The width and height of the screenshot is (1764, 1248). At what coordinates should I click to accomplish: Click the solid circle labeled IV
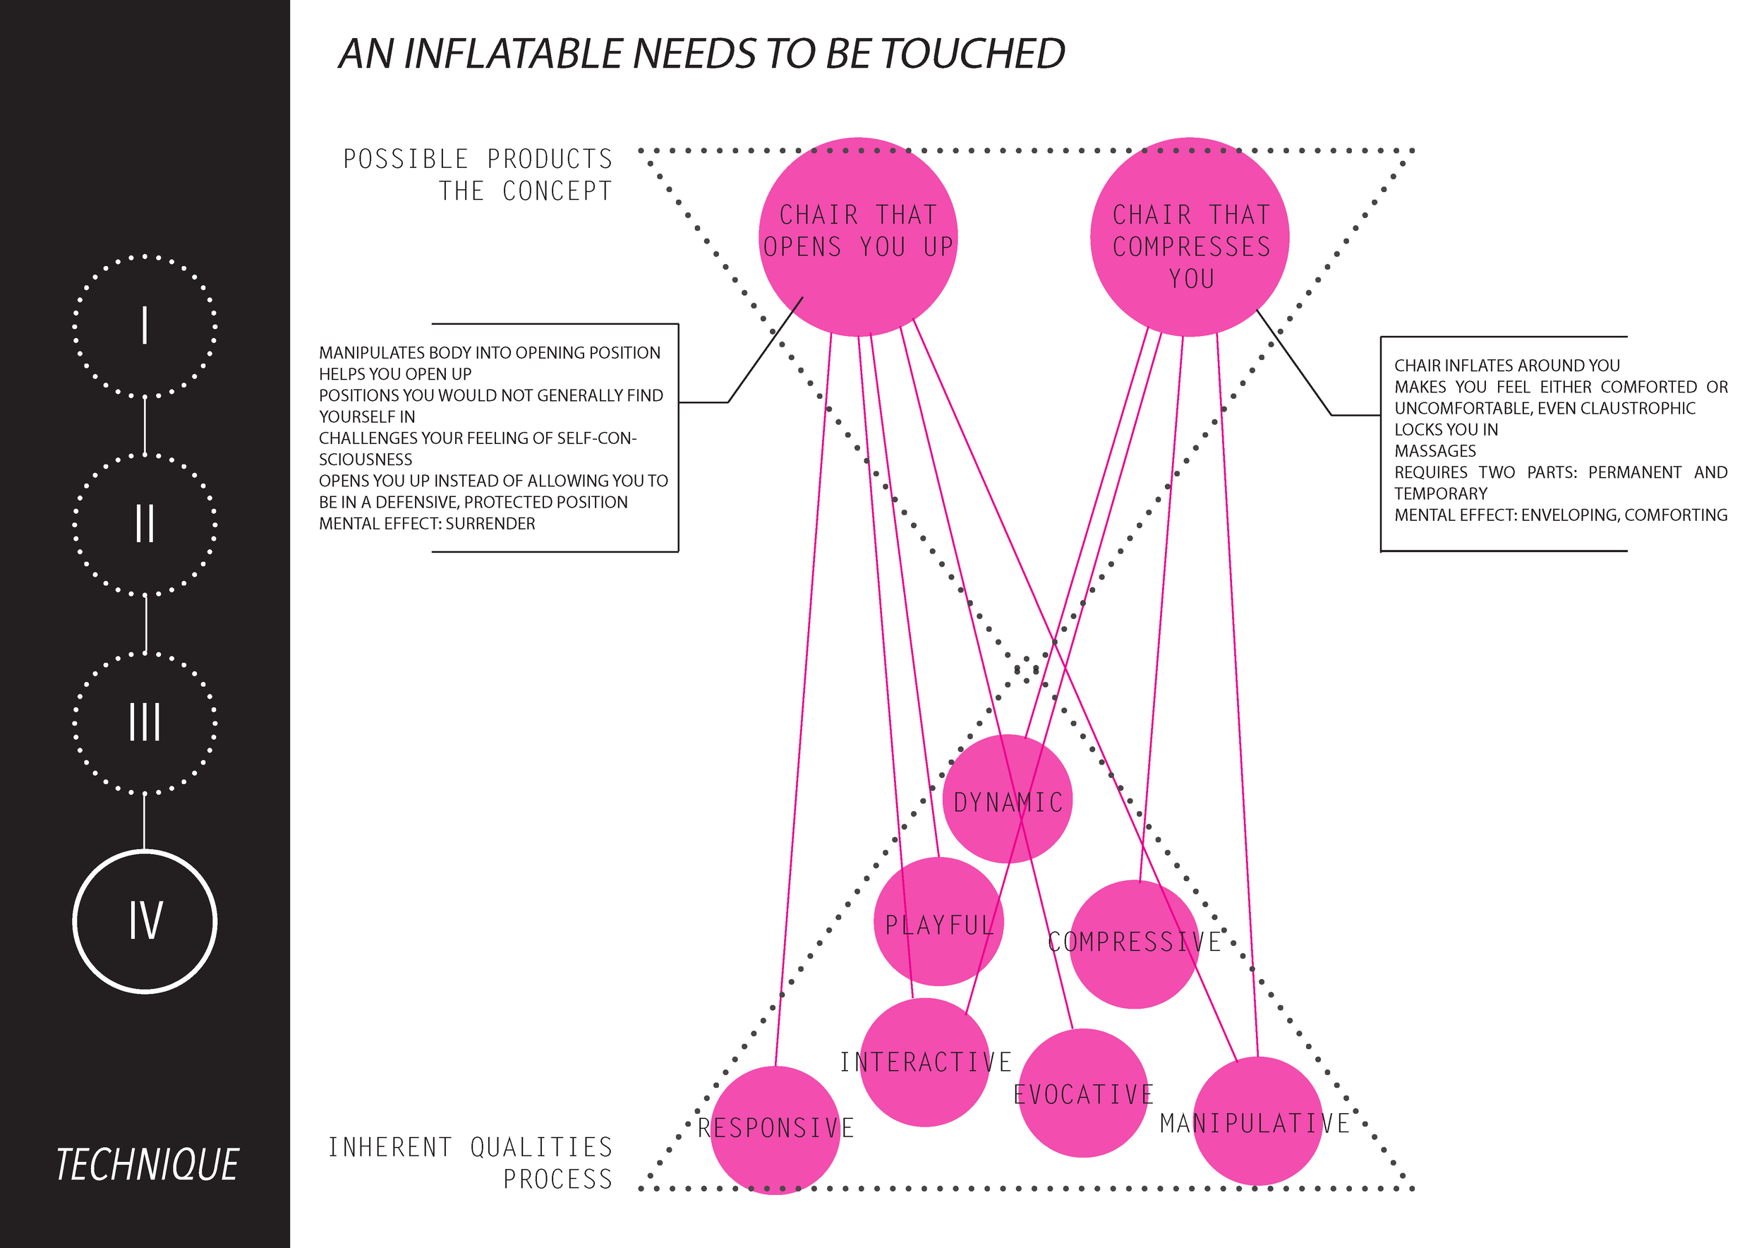click(145, 921)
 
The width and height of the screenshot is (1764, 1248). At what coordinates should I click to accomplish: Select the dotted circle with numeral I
click(145, 326)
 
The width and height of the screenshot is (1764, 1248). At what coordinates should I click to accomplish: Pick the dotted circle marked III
click(145, 723)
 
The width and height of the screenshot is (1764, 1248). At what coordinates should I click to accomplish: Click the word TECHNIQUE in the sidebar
click(147, 1165)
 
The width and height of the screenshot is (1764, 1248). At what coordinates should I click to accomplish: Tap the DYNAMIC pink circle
click(1007, 799)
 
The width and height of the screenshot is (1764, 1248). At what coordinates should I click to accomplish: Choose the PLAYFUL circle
click(939, 921)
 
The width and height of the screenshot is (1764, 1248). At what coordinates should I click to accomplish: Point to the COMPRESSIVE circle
click(1135, 944)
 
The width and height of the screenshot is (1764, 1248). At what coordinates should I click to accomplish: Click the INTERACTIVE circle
click(925, 1063)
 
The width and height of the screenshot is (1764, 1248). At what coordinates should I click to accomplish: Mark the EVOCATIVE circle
click(1083, 1093)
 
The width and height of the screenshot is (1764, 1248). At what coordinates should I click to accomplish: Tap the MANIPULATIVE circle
click(1257, 1122)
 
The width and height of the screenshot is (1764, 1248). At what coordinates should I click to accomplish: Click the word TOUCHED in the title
click(972, 54)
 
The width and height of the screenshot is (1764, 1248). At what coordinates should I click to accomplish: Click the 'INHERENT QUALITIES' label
click(470, 1147)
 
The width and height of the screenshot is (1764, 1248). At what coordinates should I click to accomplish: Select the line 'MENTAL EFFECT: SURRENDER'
click(427, 524)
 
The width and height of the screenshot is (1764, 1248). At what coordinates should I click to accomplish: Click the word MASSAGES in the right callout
click(1434, 451)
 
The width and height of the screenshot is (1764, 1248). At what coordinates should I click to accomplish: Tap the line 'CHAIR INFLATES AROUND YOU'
click(1506, 366)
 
